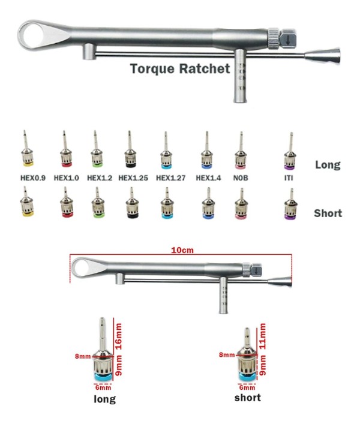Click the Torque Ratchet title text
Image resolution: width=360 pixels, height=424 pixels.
point(180,68)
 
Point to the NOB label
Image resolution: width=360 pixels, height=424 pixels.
point(241,178)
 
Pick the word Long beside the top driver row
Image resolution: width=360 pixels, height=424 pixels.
point(328,165)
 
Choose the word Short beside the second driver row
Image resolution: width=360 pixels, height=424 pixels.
point(328,213)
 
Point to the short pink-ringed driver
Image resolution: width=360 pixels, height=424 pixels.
point(241,206)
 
